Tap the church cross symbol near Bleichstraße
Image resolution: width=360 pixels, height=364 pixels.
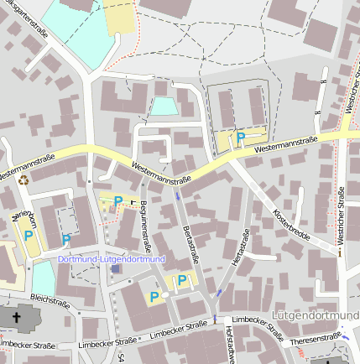coord(18,317)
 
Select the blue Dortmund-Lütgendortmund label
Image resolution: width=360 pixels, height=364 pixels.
coord(112,259)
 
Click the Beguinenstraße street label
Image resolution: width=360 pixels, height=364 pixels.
coord(144,226)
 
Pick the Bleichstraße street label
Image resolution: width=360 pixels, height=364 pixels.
coord(50,299)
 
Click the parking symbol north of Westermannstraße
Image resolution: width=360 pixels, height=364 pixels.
coord(241,138)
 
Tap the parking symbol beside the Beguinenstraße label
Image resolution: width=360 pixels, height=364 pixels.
coord(118,200)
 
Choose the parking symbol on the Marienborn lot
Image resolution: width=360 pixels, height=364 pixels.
coord(29,237)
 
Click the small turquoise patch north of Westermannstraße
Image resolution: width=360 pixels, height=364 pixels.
coord(164,106)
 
